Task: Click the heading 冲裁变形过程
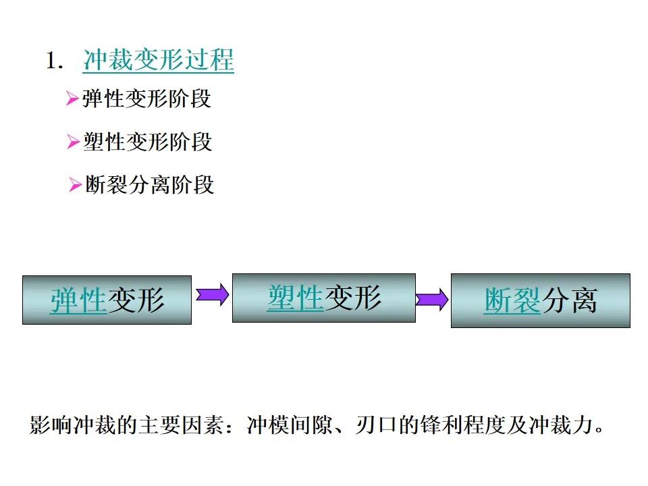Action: [159, 61]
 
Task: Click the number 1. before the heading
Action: [54, 61]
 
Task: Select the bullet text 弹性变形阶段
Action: [146, 99]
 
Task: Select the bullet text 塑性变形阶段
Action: [147, 142]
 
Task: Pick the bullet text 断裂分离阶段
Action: [150, 184]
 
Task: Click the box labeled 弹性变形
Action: [107, 300]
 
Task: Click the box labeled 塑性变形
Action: [324, 298]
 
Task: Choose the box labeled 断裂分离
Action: [540, 300]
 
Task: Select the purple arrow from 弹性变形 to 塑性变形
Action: [212, 295]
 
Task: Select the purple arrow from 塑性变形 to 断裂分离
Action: [432, 299]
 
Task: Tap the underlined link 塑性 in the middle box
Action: [296, 298]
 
